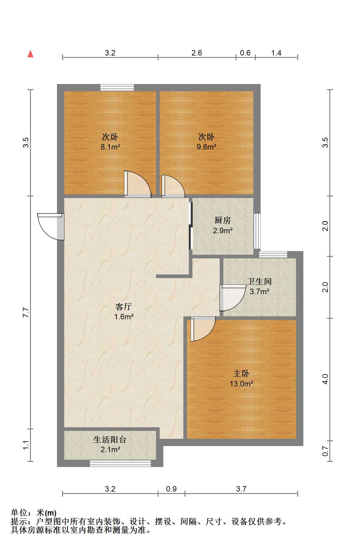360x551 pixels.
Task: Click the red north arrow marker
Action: pyautogui.click(x=30, y=54)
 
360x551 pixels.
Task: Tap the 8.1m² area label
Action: pyautogui.click(x=110, y=147)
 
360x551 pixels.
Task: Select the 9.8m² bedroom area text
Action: pyautogui.click(x=206, y=147)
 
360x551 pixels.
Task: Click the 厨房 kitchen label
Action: pyautogui.click(x=223, y=220)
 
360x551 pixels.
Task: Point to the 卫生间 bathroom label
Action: pyautogui.click(x=259, y=281)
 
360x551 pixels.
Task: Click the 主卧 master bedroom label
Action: pyautogui.click(x=241, y=374)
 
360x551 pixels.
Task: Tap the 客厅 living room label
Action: pyautogui.click(x=124, y=307)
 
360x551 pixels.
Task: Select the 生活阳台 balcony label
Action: pyautogui.click(x=110, y=439)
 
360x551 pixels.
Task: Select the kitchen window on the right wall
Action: pyautogui.click(x=257, y=231)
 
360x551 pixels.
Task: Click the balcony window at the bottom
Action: pyautogui.click(x=120, y=463)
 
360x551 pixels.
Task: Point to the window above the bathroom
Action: pyautogui.click(x=273, y=254)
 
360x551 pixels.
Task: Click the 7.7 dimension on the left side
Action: pyautogui.click(x=26, y=312)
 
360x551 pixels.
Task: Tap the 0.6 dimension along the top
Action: pyautogui.click(x=245, y=53)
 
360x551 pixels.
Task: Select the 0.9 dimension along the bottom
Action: pyautogui.click(x=171, y=489)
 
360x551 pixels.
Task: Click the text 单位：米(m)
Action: pyautogui.click(x=34, y=513)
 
